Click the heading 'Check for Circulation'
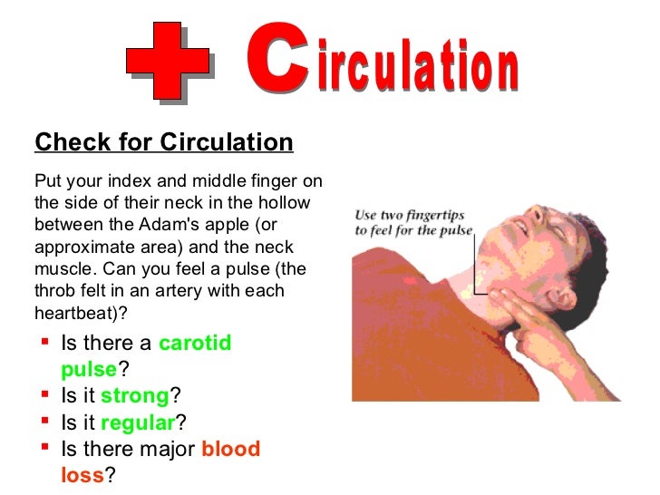click(x=164, y=142)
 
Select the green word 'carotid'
click(x=195, y=344)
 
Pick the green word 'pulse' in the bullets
click(x=89, y=370)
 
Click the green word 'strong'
click(x=135, y=396)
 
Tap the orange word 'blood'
click(x=230, y=449)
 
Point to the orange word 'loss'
click(x=82, y=475)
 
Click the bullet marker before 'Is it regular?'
click(x=44, y=422)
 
